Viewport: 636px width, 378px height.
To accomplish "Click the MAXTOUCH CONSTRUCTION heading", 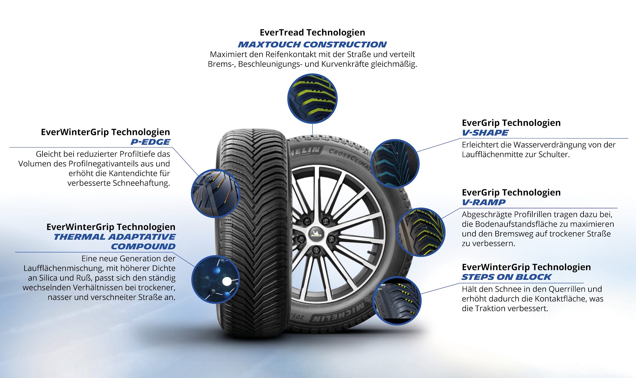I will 312,44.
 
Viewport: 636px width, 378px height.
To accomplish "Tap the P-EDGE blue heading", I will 150,142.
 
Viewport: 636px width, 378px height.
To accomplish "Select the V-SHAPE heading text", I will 485,133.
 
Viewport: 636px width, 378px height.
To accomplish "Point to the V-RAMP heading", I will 484,202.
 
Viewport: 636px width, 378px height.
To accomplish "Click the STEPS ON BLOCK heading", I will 506,277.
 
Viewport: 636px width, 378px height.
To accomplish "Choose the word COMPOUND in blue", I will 143,247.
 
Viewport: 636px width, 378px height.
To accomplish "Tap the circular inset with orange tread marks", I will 215,193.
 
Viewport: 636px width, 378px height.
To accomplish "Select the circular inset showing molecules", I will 215,279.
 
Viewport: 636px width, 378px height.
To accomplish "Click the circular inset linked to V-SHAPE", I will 395,164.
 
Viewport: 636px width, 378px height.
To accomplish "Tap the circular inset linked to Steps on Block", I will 397,301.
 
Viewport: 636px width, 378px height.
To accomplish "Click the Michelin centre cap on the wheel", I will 316,234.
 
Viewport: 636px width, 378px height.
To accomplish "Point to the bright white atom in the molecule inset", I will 227,282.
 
